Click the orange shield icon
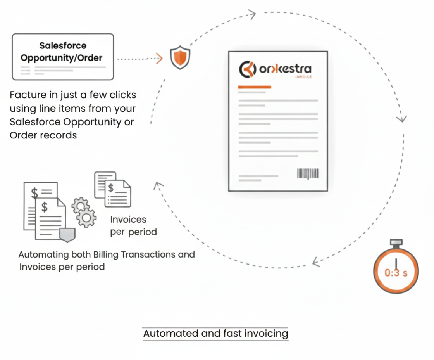(181, 58)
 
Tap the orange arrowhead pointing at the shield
(159, 59)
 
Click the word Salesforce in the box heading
(63, 45)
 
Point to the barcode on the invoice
(308, 173)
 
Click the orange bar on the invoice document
(254, 87)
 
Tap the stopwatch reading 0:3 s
(396, 271)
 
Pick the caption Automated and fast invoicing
(215, 334)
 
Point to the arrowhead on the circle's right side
(403, 118)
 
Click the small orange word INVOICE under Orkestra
(303, 77)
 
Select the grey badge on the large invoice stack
(67, 235)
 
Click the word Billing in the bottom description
(107, 255)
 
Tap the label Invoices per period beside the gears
(133, 226)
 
